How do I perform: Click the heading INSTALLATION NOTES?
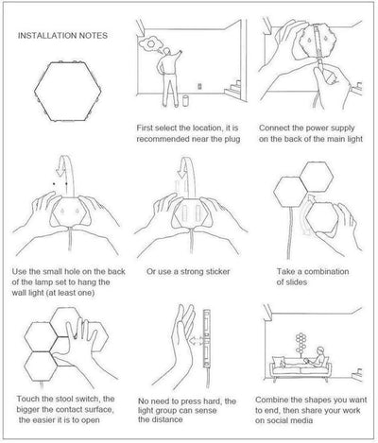click(x=62, y=36)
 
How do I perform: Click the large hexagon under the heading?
click(x=68, y=92)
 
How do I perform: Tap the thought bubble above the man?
click(x=151, y=43)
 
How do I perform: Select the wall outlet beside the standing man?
click(x=199, y=86)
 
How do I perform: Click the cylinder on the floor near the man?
click(x=186, y=101)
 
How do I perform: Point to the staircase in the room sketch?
click(x=233, y=88)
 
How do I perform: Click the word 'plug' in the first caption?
click(x=232, y=139)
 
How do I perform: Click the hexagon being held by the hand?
click(x=322, y=218)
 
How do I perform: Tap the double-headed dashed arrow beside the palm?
click(x=197, y=340)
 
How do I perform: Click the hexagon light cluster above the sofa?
click(x=301, y=342)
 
